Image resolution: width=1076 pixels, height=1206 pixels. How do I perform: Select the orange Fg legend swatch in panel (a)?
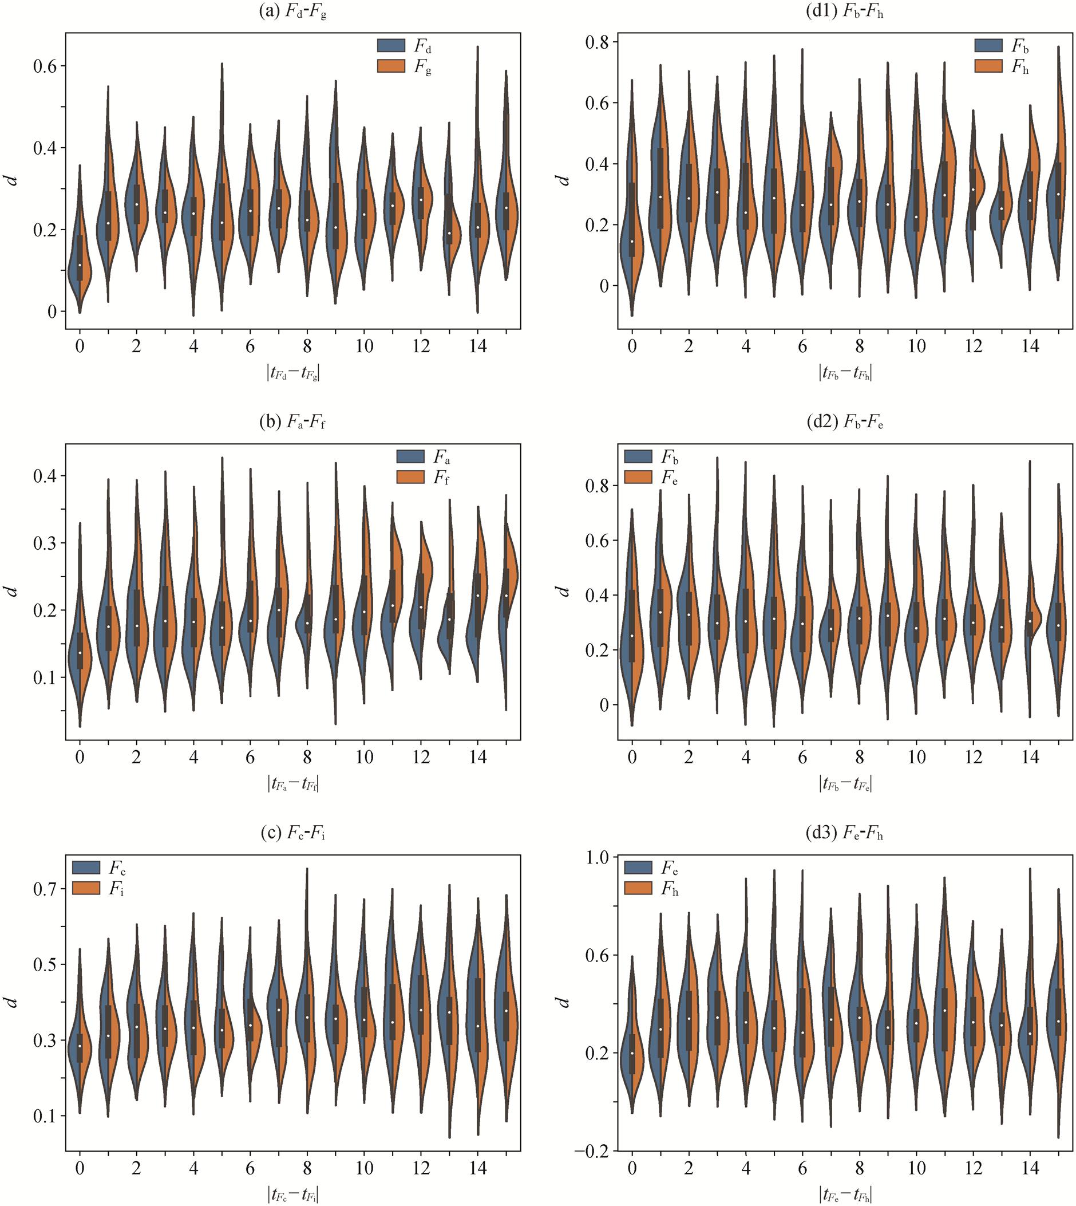click(391, 66)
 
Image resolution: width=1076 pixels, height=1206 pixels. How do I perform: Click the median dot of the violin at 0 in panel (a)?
click(80, 265)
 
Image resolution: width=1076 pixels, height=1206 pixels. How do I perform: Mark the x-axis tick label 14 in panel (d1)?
click(1030, 346)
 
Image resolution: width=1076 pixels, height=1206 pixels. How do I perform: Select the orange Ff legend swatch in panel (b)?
click(410, 476)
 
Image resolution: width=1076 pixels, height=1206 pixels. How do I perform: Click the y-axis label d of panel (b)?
click(11, 590)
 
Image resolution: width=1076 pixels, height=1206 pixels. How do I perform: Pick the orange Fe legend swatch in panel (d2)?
click(639, 476)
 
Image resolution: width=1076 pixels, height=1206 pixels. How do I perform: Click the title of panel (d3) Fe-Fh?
click(845, 834)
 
